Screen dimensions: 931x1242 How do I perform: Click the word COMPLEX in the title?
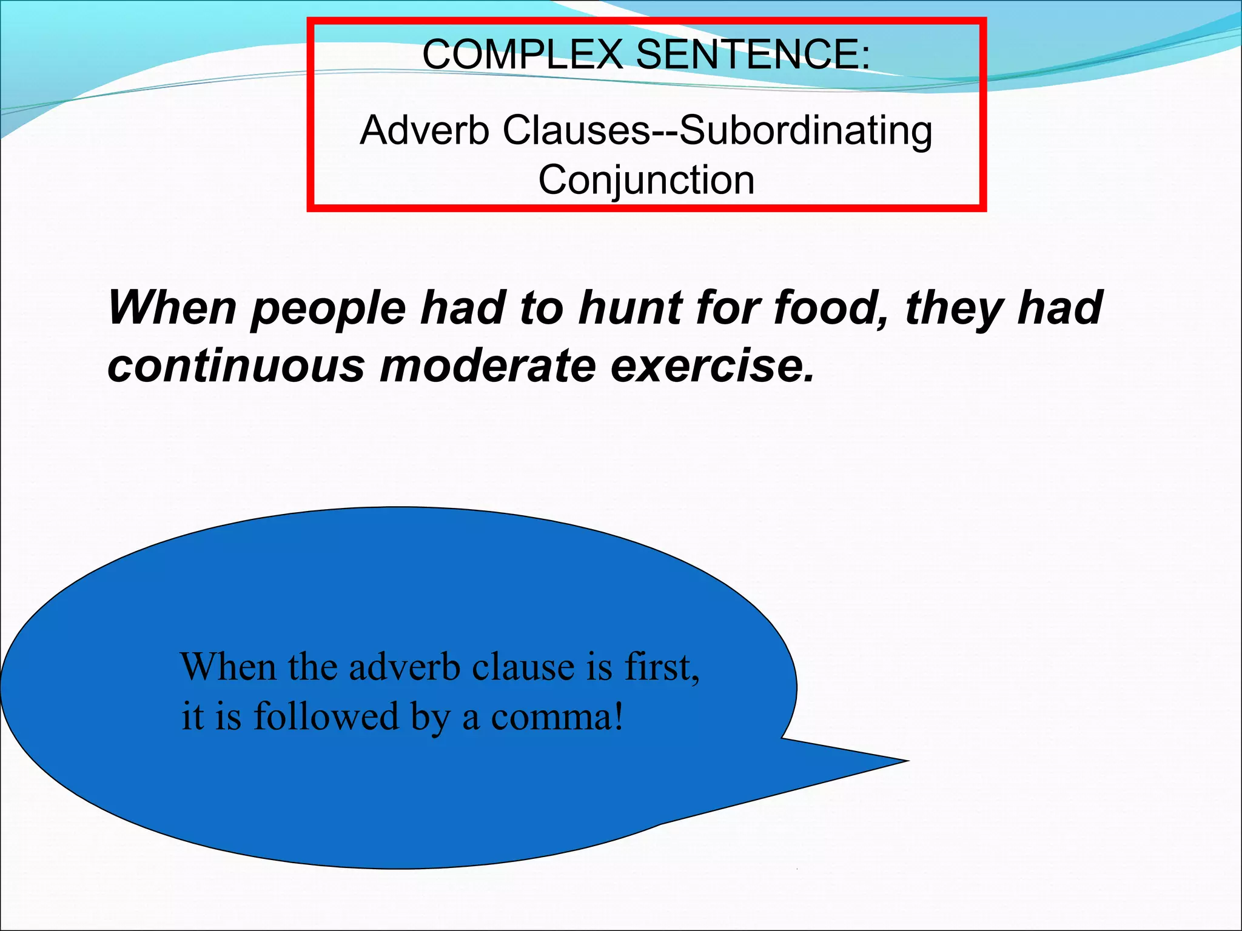click(x=522, y=55)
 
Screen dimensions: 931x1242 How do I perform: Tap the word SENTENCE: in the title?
click(x=752, y=55)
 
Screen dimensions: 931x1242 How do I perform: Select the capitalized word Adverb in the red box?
click(x=425, y=130)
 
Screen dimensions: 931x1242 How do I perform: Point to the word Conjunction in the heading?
click(x=646, y=181)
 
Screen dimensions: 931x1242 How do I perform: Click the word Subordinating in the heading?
click(x=806, y=130)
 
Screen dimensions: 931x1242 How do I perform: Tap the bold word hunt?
click(x=630, y=308)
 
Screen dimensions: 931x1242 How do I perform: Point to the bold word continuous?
click(x=237, y=365)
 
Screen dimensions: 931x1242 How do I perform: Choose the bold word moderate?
click(x=488, y=365)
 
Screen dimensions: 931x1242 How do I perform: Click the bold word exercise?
click(x=713, y=365)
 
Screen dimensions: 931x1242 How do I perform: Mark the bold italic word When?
click(x=172, y=308)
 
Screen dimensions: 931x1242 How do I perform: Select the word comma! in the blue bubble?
click(x=557, y=717)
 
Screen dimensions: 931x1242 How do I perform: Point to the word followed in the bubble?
click(x=326, y=717)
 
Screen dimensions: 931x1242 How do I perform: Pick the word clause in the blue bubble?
click(x=523, y=667)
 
